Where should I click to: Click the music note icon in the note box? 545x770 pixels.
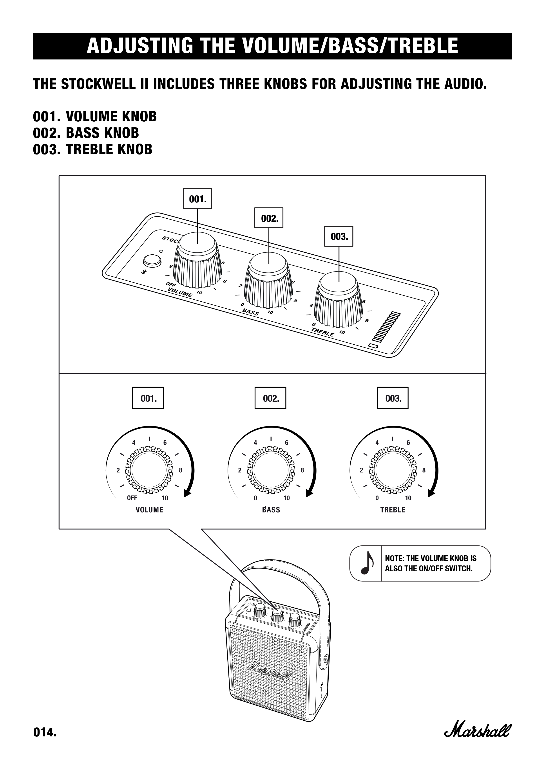(366, 563)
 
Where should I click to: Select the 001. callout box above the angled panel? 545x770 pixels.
(197, 199)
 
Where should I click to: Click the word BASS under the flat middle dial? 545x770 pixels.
(271, 510)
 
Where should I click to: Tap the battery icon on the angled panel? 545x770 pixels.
(373, 346)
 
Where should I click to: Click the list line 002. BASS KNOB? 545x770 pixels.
(86, 133)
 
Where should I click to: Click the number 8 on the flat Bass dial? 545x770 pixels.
(302, 470)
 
